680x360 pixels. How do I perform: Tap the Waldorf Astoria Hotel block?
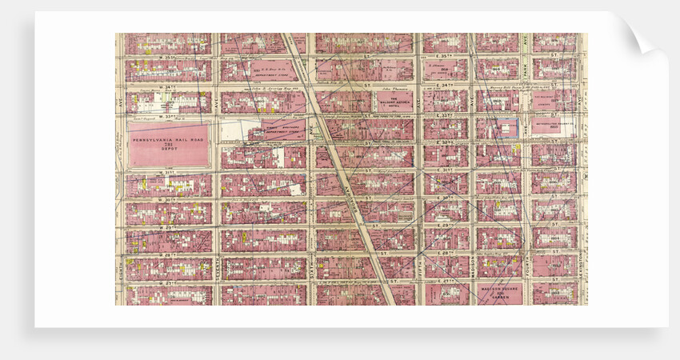click(394, 100)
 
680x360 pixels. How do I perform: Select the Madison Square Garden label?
click(499, 293)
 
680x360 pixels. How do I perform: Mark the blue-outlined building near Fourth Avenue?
click(506, 128)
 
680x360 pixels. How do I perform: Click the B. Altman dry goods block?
click(445, 70)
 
